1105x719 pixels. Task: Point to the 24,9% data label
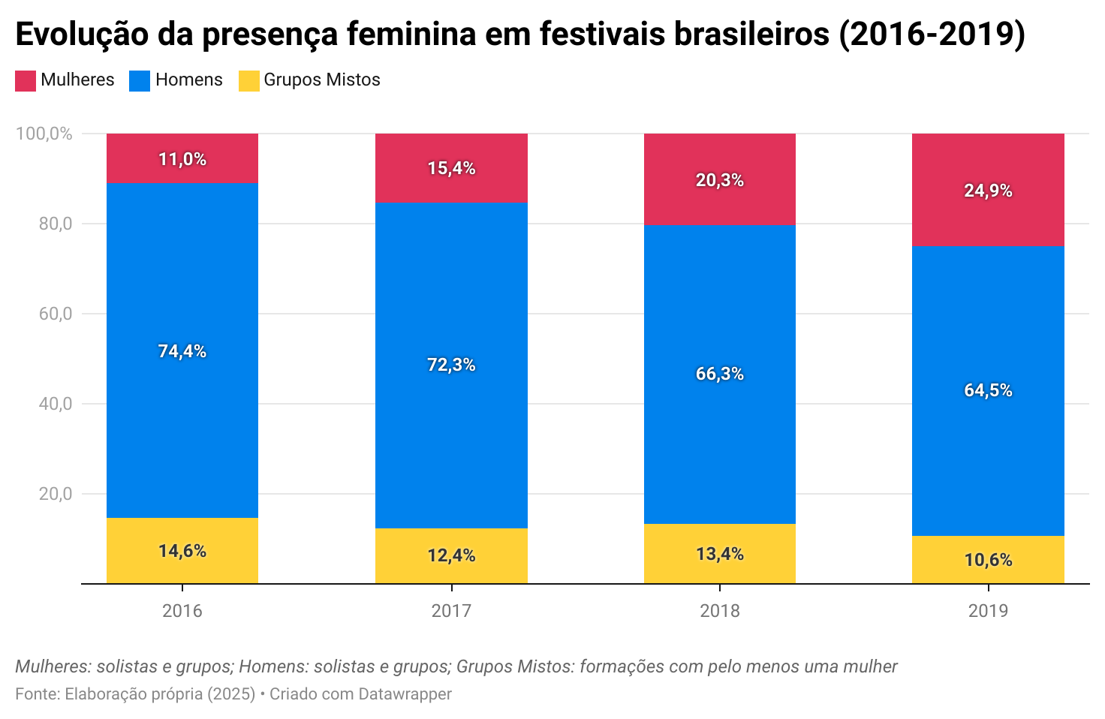point(988,191)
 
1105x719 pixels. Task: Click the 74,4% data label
point(182,351)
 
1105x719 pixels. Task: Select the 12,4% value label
point(451,555)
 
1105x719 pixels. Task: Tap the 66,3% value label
point(719,374)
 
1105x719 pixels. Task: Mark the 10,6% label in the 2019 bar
point(988,560)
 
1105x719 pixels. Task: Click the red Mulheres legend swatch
point(26,81)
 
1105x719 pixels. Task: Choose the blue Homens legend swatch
point(140,81)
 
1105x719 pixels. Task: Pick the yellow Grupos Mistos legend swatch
point(248,81)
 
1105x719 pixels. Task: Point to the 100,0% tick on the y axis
point(44,134)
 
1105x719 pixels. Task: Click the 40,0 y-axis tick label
point(56,404)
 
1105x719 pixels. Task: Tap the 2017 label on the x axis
point(451,611)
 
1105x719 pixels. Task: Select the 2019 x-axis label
point(988,611)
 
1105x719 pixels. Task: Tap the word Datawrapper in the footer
point(405,694)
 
